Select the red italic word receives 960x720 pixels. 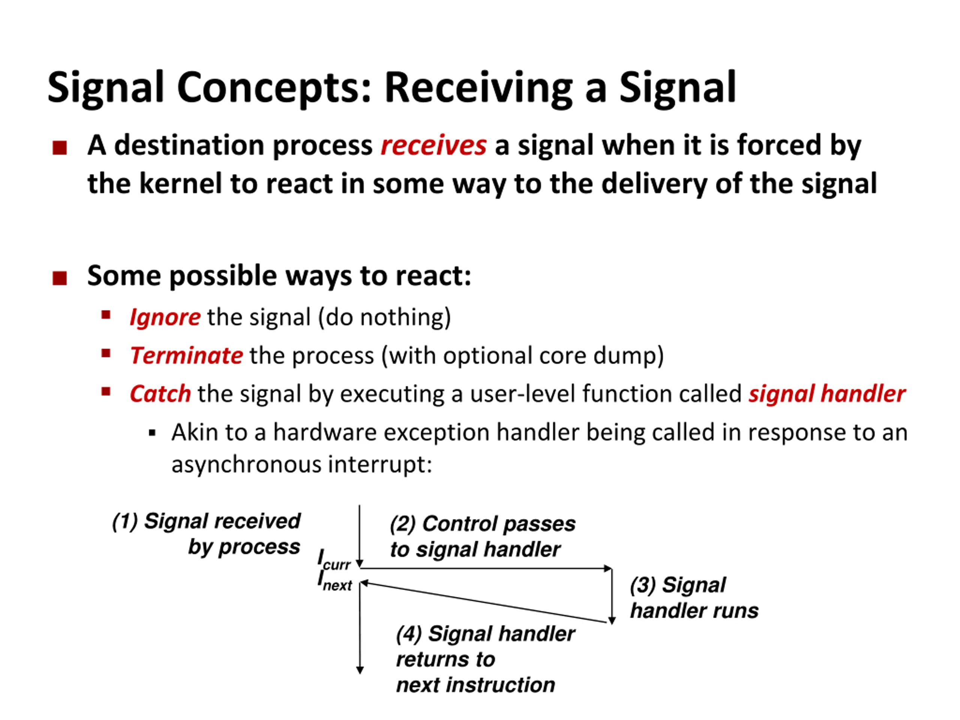[433, 145]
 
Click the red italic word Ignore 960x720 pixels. [165, 317]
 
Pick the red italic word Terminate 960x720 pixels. [187, 356]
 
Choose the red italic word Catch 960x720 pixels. [160, 394]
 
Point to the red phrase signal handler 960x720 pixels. [827, 394]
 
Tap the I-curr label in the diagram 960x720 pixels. [333, 560]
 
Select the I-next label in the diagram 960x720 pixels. [334, 582]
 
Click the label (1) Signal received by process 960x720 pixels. [206, 534]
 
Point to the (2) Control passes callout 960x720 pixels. [482, 536]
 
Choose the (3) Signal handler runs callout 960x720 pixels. [693, 598]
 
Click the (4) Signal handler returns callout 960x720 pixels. [485, 659]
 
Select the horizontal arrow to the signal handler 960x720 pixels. [486, 568]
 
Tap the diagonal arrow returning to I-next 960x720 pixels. [486, 603]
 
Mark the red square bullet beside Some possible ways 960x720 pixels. [60, 278]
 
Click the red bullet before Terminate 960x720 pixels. [106, 353]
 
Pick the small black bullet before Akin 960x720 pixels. [152, 433]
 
